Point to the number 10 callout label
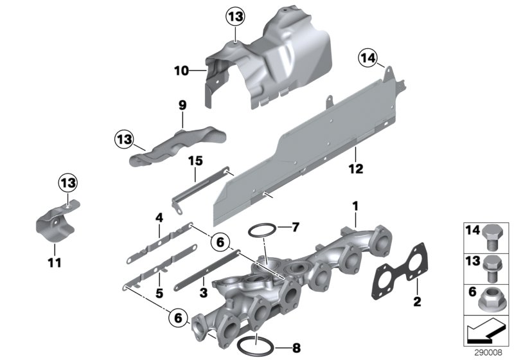coord(181,71)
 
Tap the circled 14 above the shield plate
coord(366,60)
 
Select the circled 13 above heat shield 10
coord(235,17)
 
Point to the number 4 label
coord(157,217)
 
